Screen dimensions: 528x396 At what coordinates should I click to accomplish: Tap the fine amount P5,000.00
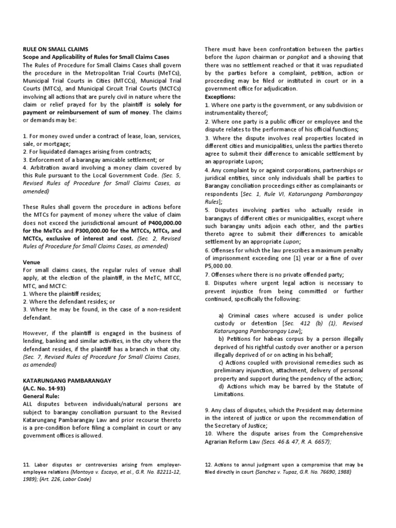(x=219, y=266)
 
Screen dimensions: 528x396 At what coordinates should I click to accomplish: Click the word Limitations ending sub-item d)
(x=231, y=394)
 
